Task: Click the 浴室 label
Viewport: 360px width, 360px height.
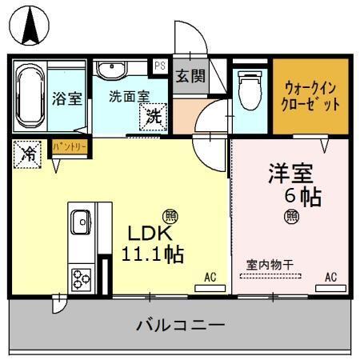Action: point(67,99)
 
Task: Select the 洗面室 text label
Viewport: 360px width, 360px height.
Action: point(129,94)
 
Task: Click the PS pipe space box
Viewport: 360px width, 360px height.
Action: point(160,66)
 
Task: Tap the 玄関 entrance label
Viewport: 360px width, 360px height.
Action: point(190,77)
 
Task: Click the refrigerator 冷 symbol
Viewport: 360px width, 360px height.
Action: point(27,153)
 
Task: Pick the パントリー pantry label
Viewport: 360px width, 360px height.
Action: point(70,147)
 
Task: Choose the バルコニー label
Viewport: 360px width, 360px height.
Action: point(180,326)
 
